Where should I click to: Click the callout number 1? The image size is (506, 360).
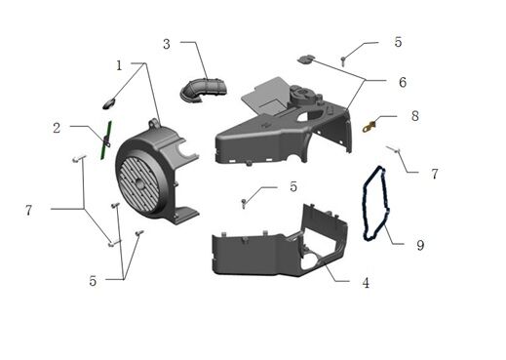pyautogui.click(x=119, y=65)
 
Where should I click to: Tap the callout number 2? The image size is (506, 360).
pyautogui.click(x=58, y=127)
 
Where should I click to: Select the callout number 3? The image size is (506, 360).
pyautogui.click(x=167, y=44)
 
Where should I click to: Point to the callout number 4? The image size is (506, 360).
pyautogui.click(x=365, y=283)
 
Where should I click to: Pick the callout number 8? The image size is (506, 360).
pyautogui.click(x=414, y=115)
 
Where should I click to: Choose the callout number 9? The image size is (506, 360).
pyautogui.click(x=420, y=245)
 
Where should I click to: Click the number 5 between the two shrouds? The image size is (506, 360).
pyautogui.click(x=292, y=186)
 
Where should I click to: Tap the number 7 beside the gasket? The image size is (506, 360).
pyautogui.click(x=435, y=174)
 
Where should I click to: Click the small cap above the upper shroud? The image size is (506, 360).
pyautogui.click(x=305, y=60)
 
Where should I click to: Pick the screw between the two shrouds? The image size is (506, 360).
pyautogui.click(x=243, y=202)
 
